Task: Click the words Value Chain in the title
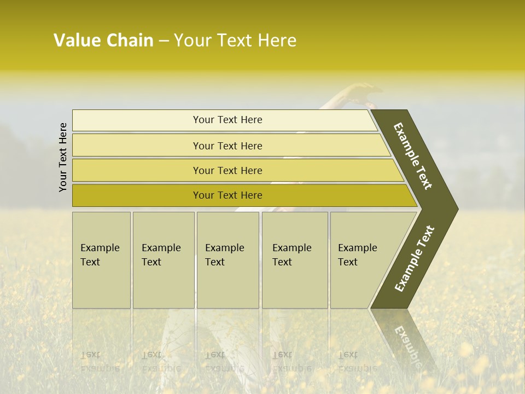click(x=103, y=40)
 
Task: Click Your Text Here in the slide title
click(x=235, y=40)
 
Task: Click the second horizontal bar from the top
click(x=227, y=146)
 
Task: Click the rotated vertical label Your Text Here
click(x=63, y=158)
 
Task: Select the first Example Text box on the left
click(x=101, y=259)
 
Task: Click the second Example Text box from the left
click(x=163, y=259)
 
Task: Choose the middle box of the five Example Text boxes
click(x=227, y=259)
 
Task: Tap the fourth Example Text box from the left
click(x=294, y=259)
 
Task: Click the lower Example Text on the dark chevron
click(x=415, y=259)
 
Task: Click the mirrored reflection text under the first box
click(x=100, y=361)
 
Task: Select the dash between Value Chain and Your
click(x=164, y=41)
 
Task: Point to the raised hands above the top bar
click(x=361, y=94)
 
